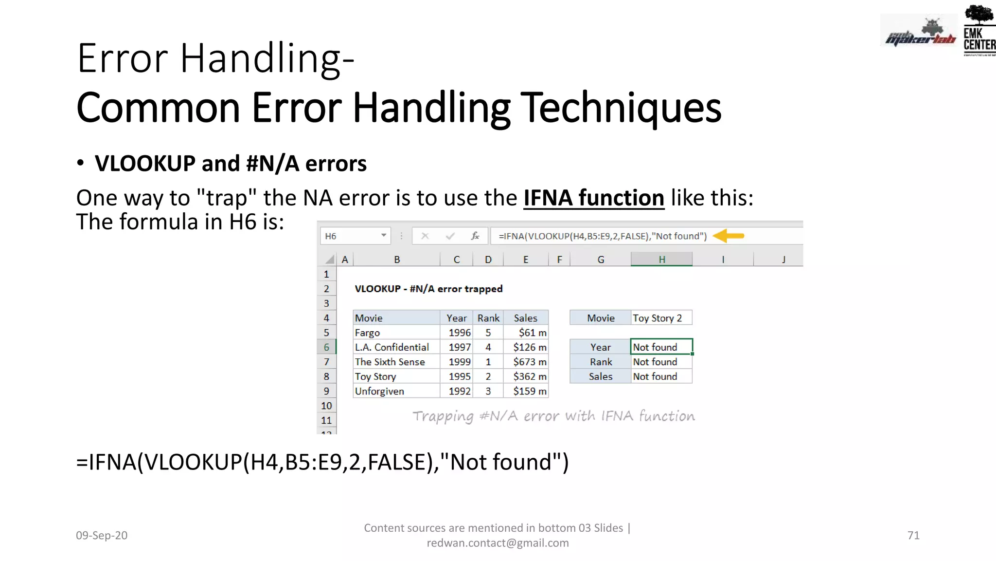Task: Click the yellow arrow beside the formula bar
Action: point(729,236)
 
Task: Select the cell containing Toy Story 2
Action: point(661,318)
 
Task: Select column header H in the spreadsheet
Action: point(661,260)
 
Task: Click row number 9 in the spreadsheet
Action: point(326,391)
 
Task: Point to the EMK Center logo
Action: point(979,31)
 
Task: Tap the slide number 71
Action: point(913,535)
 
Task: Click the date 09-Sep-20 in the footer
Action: point(102,535)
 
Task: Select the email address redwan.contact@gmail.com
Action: point(498,543)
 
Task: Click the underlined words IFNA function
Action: point(594,198)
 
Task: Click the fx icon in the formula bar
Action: point(475,236)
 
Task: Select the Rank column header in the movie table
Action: point(488,318)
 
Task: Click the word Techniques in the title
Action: point(621,108)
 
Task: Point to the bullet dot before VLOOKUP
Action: point(81,163)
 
